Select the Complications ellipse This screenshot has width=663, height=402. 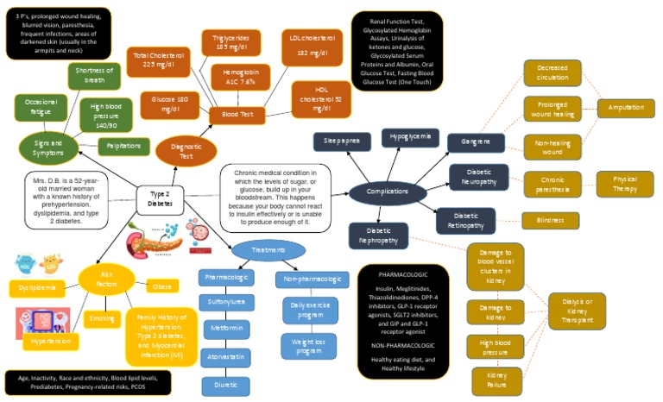pos(388,192)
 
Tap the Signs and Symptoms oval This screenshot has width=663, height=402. pos(48,148)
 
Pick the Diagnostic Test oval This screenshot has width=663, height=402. pos(186,151)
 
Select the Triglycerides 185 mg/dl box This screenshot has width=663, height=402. pos(230,43)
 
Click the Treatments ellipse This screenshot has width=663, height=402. pos(268,250)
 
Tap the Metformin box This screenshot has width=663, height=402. pos(226,329)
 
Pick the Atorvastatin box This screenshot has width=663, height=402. pos(226,357)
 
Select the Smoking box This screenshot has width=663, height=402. pos(102,318)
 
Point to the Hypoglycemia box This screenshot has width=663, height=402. pos(411,138)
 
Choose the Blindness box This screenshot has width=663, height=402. pos(551,221)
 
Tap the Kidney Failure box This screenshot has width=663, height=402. pos(496,380)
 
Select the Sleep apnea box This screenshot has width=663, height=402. pos(342,140)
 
